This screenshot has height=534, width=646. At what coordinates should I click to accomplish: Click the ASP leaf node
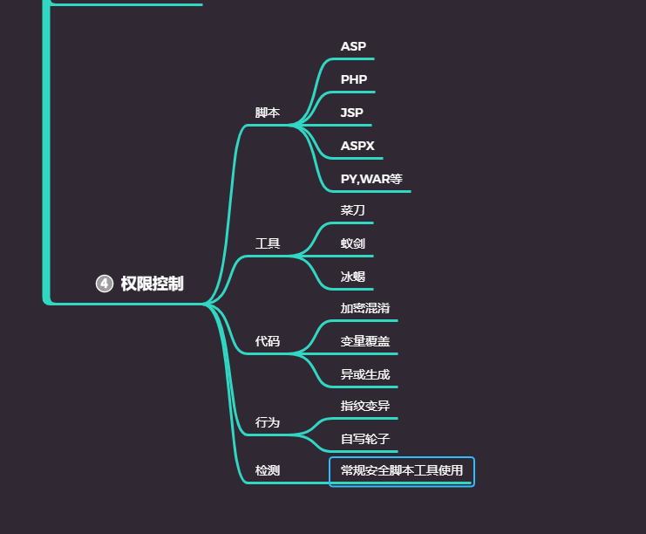click(353, 46)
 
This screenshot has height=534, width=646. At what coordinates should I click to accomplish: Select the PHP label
click(353, 79)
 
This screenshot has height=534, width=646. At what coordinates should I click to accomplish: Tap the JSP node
click(352, 113)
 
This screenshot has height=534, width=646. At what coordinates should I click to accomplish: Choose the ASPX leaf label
click(357, 146)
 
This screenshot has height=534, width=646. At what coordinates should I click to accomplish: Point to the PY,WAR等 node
click(371, 179)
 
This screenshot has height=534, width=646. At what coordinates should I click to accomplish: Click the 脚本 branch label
click(268, 113)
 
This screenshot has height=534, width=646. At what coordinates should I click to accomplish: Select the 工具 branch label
click(268, 243)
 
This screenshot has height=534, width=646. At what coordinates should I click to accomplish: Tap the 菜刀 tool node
click(353, 210)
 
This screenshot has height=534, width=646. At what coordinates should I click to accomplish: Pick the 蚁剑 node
click(353, 243)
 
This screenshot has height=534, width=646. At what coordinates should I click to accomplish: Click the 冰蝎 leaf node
click(353, 277)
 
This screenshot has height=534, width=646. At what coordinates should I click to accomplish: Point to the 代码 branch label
click(268, 341)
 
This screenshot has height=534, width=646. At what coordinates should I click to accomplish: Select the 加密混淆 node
click(365, 308)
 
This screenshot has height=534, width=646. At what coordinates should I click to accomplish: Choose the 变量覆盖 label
click(365, 341)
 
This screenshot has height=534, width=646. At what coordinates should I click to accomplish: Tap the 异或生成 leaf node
click(365, 374)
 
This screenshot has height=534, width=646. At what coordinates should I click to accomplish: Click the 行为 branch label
click(268, 422)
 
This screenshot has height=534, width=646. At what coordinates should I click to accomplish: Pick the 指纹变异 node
click(365, 406)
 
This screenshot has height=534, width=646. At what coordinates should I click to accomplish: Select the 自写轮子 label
click(365, 439)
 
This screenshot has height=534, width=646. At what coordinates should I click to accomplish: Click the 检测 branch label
click(268, 470)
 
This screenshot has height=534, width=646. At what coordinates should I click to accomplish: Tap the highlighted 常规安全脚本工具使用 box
click(402, 471)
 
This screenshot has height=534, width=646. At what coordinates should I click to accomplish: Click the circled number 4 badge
click(105, 284)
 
